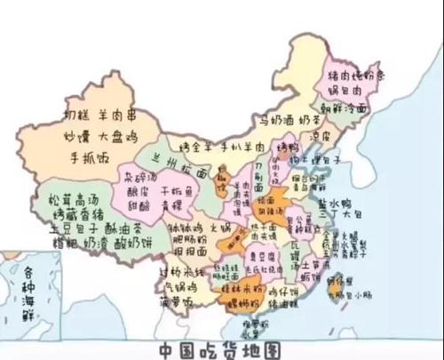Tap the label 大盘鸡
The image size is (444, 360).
[x=119, y=137]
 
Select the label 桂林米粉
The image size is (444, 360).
[x=238, y=289]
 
